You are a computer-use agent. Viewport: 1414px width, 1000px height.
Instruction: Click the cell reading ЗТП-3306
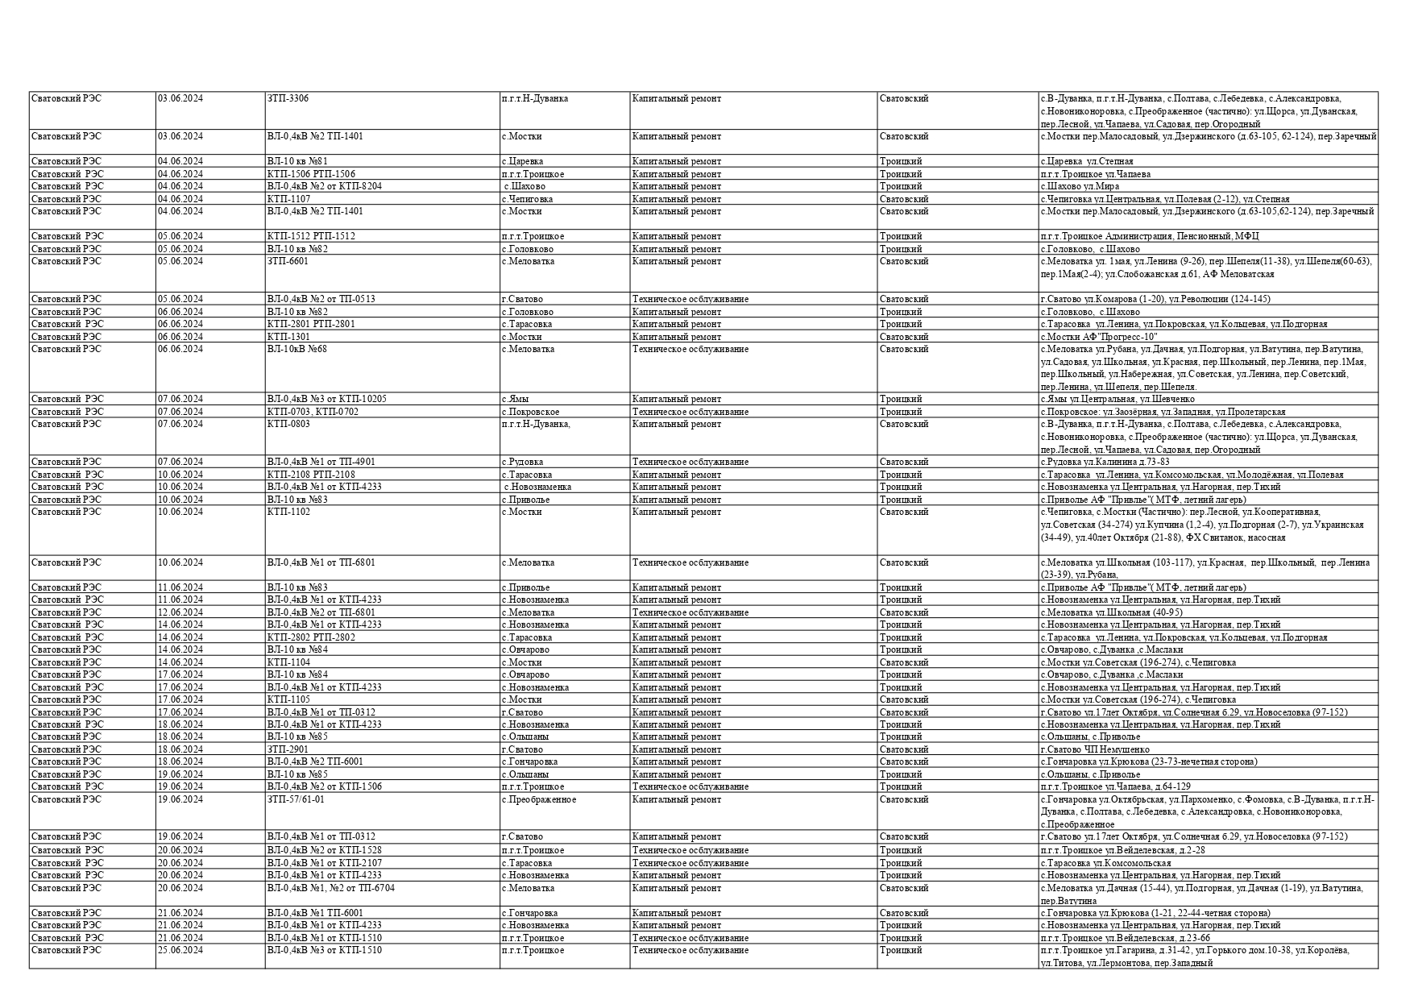[288, 98]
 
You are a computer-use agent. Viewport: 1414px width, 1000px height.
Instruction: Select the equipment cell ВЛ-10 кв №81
[297, 161]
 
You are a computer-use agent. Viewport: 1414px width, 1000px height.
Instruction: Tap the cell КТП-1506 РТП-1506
[311, 174]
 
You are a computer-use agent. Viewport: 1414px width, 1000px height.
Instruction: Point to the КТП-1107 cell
[288, 199]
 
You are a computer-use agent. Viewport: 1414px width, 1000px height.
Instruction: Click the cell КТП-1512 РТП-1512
[311, 236]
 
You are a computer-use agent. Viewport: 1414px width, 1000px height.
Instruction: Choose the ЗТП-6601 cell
[288, 261]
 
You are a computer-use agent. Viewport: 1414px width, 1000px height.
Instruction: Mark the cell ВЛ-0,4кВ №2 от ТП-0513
[321, 299]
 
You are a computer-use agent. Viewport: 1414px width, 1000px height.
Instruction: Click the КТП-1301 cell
[288, 337]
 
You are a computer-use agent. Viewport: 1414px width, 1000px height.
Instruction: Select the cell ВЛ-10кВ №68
[297, 349]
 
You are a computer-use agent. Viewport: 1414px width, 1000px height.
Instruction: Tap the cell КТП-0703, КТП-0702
[313, 412]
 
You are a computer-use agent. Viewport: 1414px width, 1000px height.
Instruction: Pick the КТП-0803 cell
[288, 424]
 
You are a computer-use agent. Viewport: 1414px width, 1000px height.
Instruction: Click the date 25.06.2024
[180, 950]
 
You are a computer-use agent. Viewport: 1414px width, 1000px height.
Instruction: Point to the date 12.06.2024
[180, 612]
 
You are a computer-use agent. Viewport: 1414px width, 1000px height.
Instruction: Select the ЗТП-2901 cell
[288, 749]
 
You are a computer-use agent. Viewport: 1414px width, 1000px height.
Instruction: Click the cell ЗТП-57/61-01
[296, 799]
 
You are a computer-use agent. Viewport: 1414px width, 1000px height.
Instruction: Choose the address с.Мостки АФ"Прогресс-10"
[1098, 337]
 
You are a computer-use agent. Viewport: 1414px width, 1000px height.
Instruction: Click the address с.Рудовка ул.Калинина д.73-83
[1105, 462]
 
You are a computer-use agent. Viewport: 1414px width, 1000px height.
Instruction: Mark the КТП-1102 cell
[288, 512]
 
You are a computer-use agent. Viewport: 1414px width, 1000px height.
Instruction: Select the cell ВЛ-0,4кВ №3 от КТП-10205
[326, 399]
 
